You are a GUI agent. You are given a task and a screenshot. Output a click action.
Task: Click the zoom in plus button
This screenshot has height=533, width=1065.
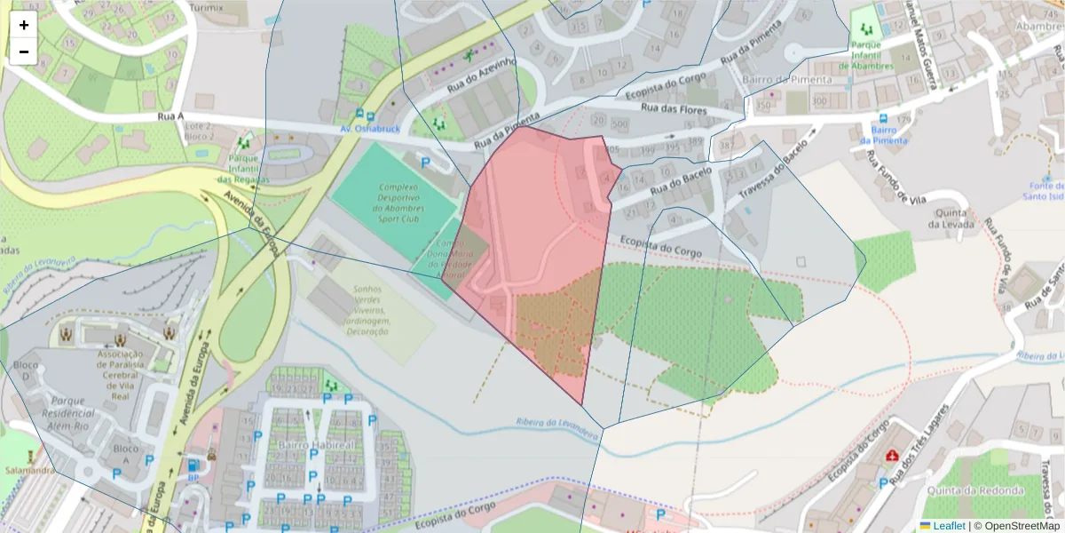[24, 25]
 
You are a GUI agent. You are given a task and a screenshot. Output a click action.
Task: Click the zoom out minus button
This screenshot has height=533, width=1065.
[24, 52]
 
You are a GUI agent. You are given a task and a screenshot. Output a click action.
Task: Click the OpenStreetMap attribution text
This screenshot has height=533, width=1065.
[1016, 526]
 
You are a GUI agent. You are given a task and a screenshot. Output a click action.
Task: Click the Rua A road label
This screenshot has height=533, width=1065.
[170, 115]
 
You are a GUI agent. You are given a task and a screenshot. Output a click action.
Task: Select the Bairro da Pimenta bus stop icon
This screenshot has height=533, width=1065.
[883, 118]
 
